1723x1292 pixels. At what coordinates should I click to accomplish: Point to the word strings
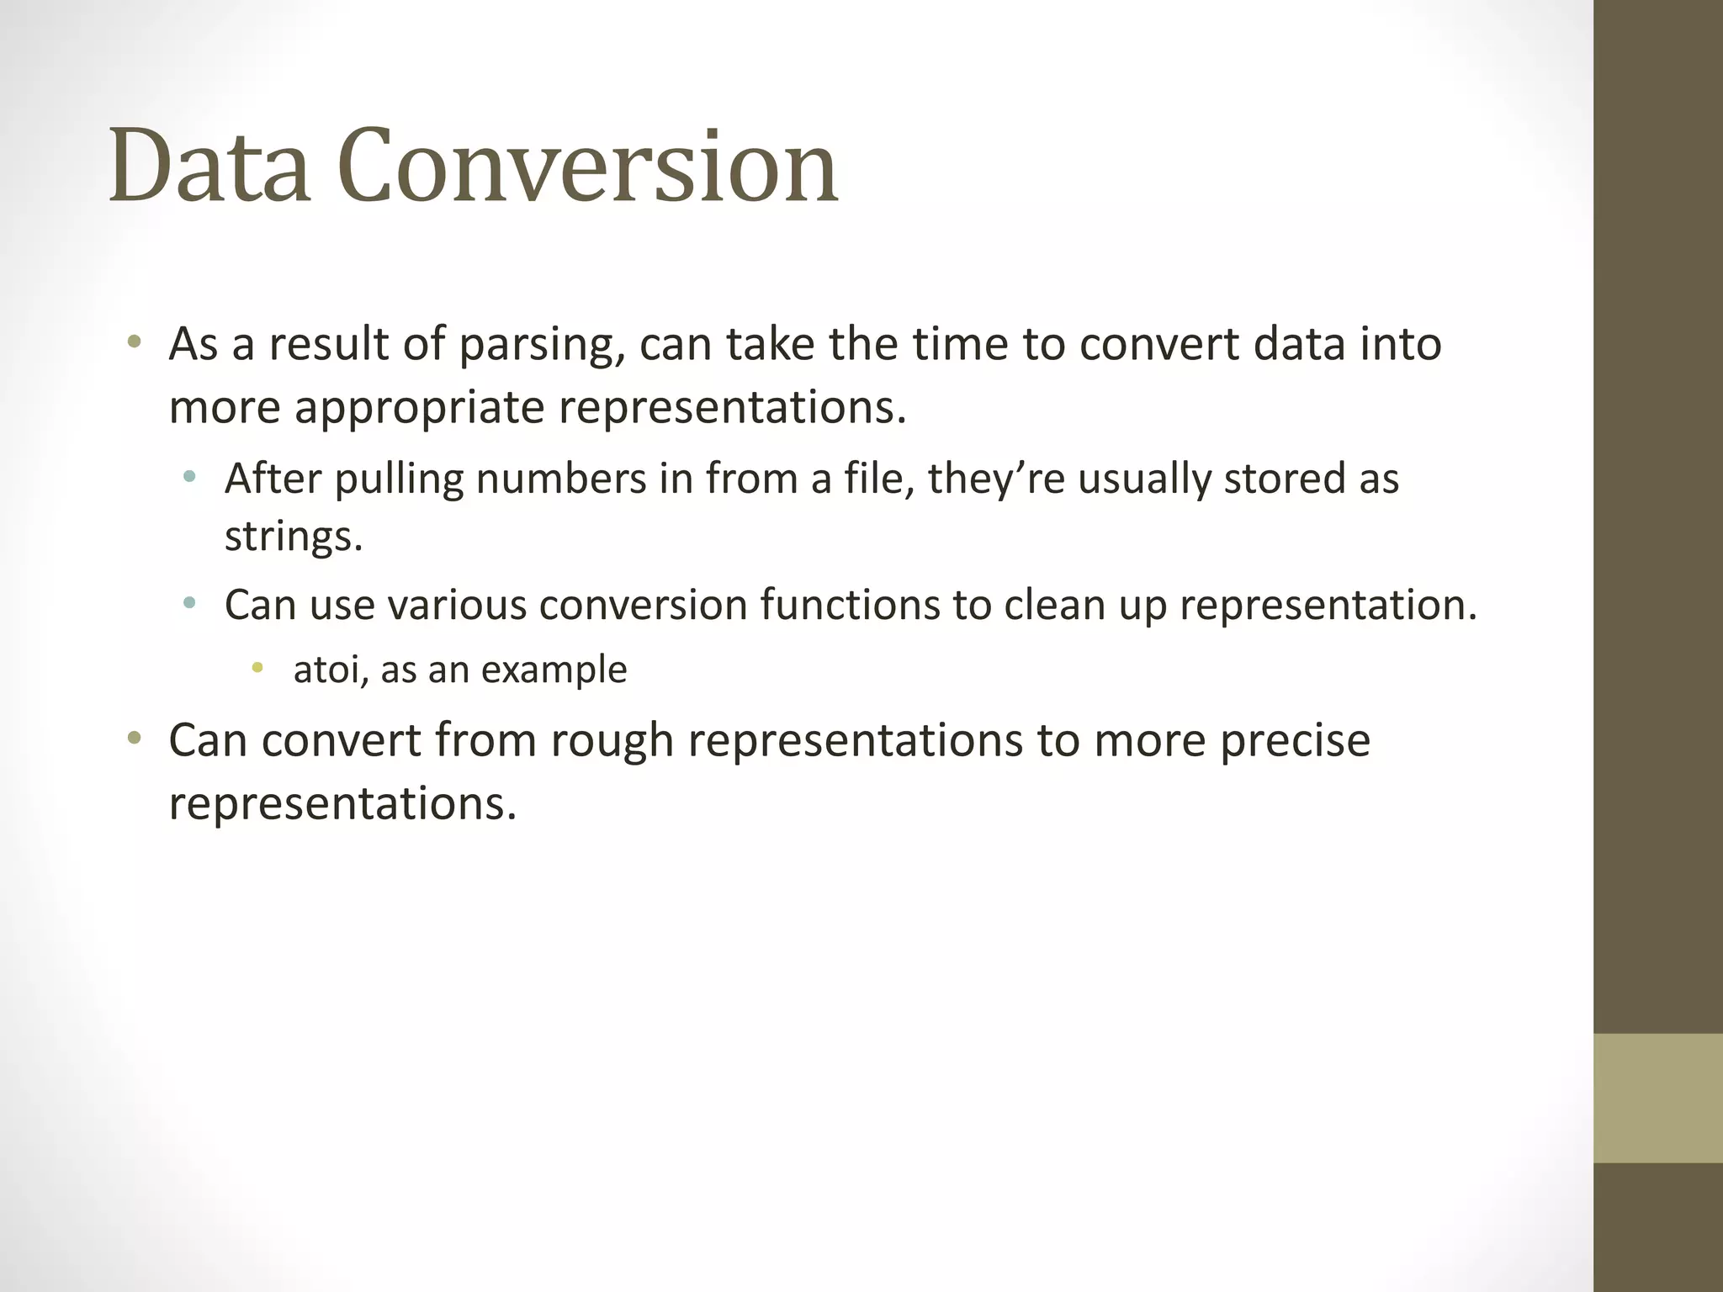[293, 536]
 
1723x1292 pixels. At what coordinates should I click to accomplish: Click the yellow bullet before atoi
[257, 668]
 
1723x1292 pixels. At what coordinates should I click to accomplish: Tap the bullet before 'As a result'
[134, 342]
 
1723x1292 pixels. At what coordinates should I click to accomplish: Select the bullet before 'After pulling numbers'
[189, 477]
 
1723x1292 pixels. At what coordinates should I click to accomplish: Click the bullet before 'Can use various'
[189, 602]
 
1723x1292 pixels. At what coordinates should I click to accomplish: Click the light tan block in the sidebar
[1657, 1098]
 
